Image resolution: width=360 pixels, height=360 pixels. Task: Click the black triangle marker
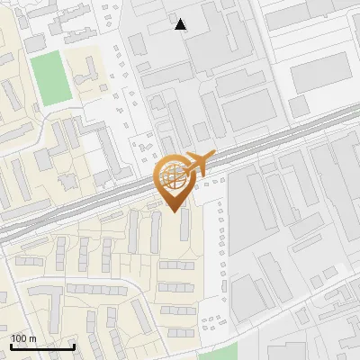(x=181, y=24)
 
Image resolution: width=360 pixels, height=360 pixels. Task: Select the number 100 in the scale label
(x=19, y=338)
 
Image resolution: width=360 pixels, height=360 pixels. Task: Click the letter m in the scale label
(x=32, y=338)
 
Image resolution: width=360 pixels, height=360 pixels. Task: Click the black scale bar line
(x=42, y=346)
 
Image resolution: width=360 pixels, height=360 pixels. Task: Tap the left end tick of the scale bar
(x=11, y=345)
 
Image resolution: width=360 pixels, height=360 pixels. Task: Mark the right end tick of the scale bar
(x=74, y=345)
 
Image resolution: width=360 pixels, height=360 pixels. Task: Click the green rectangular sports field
(x=50, y=77)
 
